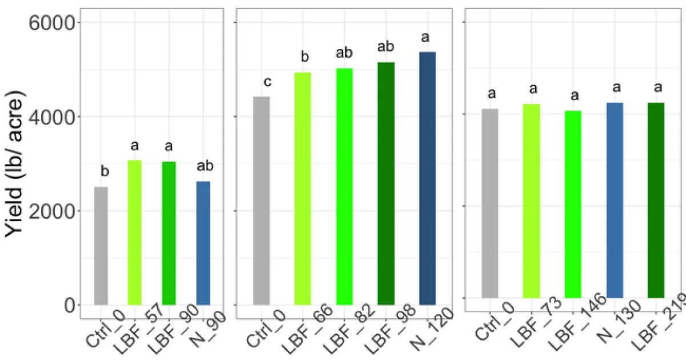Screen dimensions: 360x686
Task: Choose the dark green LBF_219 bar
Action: [x=656, y=201]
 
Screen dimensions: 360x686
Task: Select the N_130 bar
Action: [x=615, y=201]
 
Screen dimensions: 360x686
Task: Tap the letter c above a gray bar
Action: [x=267, y=82]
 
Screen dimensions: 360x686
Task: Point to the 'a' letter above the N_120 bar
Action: [x=425, y=38]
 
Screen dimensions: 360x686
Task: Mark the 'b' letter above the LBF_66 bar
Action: [x=305, y=57]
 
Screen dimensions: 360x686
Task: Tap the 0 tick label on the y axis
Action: [x=68, y=305]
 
